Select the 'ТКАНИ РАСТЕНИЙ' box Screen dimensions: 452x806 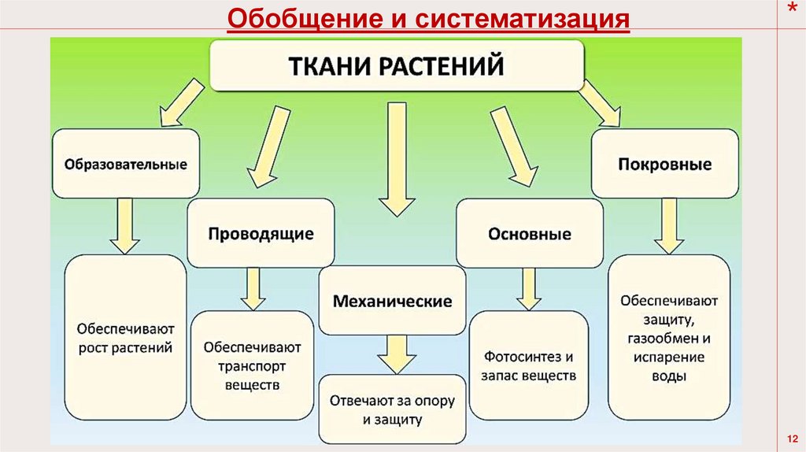pos(397,65)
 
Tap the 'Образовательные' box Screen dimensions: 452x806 pos(126,165)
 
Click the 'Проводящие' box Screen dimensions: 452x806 pos(261,234)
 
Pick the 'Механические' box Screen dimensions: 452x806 pos(392,301)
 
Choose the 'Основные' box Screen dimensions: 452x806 pos(529,235)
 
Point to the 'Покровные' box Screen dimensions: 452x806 pos(664,165)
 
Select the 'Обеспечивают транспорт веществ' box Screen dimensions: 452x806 pos(252,365)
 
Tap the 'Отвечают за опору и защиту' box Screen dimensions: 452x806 pos(392,409)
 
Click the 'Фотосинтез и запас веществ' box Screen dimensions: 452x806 pos(529,365)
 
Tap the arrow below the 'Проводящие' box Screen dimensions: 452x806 pos(252,288)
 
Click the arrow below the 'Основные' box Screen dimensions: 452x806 pos(528,289)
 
